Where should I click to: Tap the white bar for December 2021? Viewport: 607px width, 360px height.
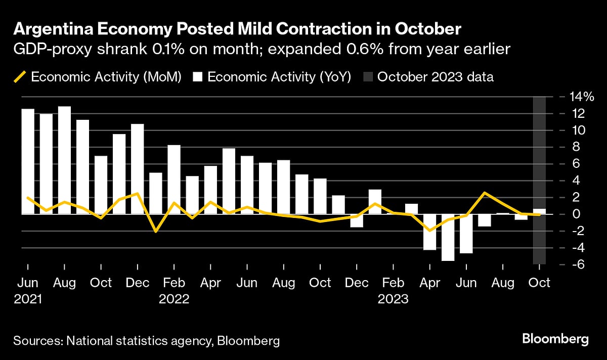coord(138,169)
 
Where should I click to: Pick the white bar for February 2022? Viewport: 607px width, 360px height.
coord(174,179)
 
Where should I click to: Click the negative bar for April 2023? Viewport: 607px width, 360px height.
coord(429,232)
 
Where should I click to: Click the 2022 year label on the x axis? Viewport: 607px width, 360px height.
coord(174,299)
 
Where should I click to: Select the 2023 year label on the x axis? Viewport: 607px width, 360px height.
coord(393,299)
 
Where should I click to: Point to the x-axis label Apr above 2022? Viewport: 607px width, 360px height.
coord(210,282)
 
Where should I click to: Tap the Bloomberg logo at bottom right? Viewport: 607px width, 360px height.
coord(555,338)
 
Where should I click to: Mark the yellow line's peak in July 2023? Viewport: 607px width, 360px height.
coord(485,193)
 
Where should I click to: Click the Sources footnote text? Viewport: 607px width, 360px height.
coord(147,341)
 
